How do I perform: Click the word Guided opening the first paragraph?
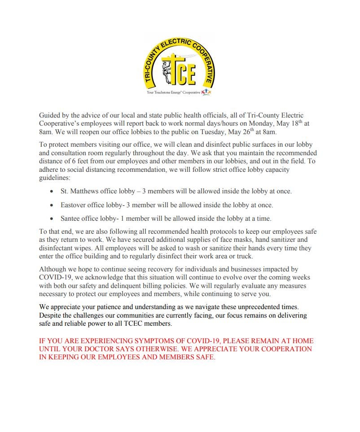pyautogui.click(x=50, y=116)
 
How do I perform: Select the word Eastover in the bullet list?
pyautogui.click(x=75, y=205)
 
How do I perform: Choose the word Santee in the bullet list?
pyautogui.click(x=71, y=219)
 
